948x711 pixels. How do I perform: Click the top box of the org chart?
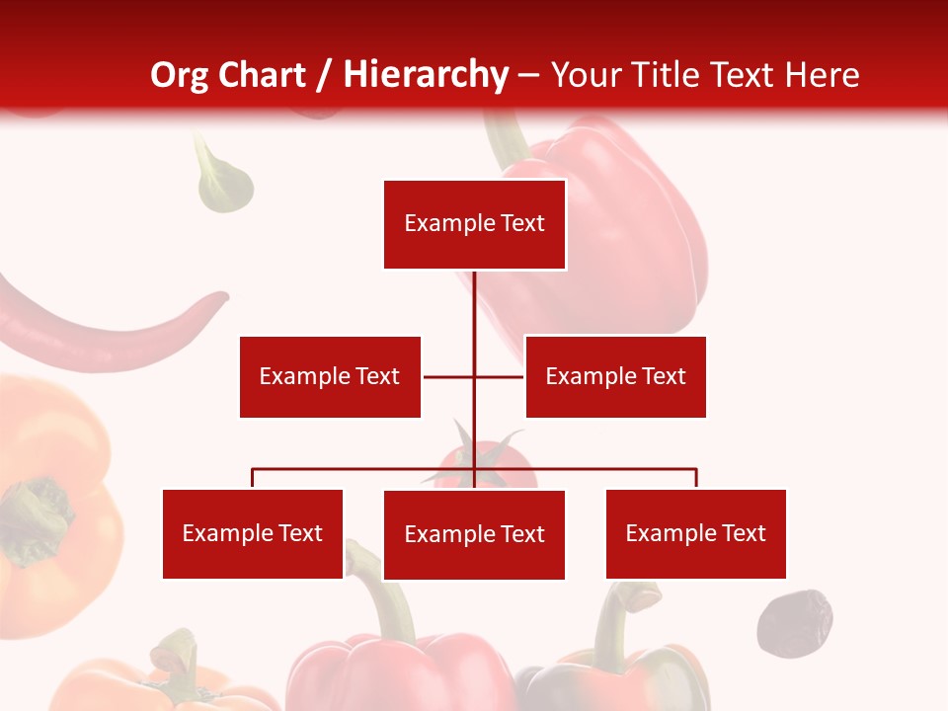pos(474,224)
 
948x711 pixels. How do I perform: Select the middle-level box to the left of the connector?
pos(330,376)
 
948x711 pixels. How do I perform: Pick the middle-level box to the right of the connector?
pos(615,376)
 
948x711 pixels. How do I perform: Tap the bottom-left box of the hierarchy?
pos(253,533)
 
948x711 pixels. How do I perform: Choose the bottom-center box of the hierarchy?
pos(474,534)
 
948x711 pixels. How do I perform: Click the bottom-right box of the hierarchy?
pos(695,533)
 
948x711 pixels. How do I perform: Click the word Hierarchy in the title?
pos(426,74)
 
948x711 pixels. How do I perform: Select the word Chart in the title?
pos(264,74)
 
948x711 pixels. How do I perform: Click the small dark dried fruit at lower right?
pos(794,622)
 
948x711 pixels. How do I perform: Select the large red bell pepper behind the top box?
pos(632,227)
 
